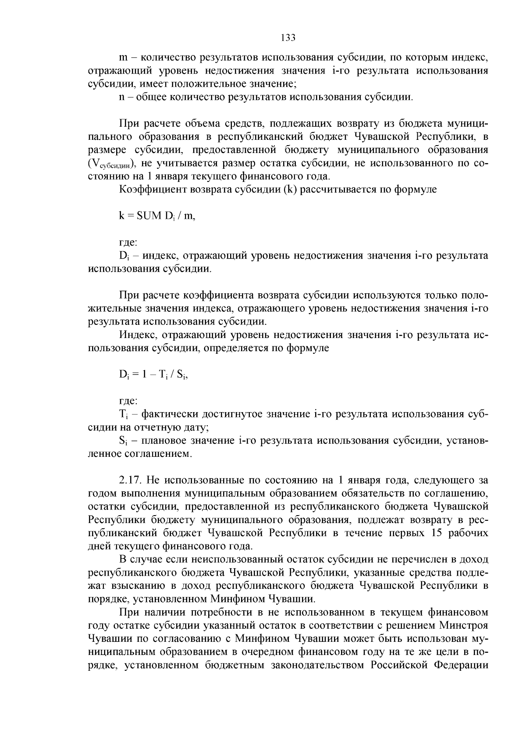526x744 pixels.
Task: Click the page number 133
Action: tap(288, 38)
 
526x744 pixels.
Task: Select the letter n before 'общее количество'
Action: tap(122, 96)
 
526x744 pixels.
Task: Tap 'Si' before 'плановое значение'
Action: tap(123, 441)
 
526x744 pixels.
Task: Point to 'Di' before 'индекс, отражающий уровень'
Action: tap(123, 256)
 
